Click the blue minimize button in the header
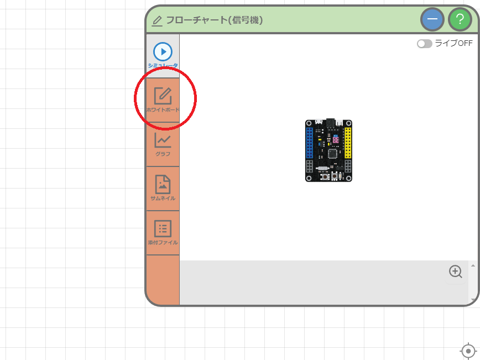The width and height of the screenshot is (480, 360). (x=432, y=19)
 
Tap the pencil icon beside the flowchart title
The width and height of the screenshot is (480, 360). (x=157, y=21)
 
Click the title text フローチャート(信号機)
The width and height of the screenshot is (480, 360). (x=215, y=20)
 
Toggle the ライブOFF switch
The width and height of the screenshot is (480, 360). (x=424, y=44)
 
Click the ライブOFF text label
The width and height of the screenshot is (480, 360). (x=453, y=44)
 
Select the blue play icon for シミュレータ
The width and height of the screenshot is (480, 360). (x=163, y=52)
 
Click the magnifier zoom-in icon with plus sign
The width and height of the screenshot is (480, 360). (x=455, y=272)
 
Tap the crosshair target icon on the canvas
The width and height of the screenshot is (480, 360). (x=468, y=351)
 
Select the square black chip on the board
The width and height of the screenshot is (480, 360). (x=333, y=154)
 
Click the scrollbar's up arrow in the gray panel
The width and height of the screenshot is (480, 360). (x=473, y=265)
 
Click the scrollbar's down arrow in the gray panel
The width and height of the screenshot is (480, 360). (x=473, y=300)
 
